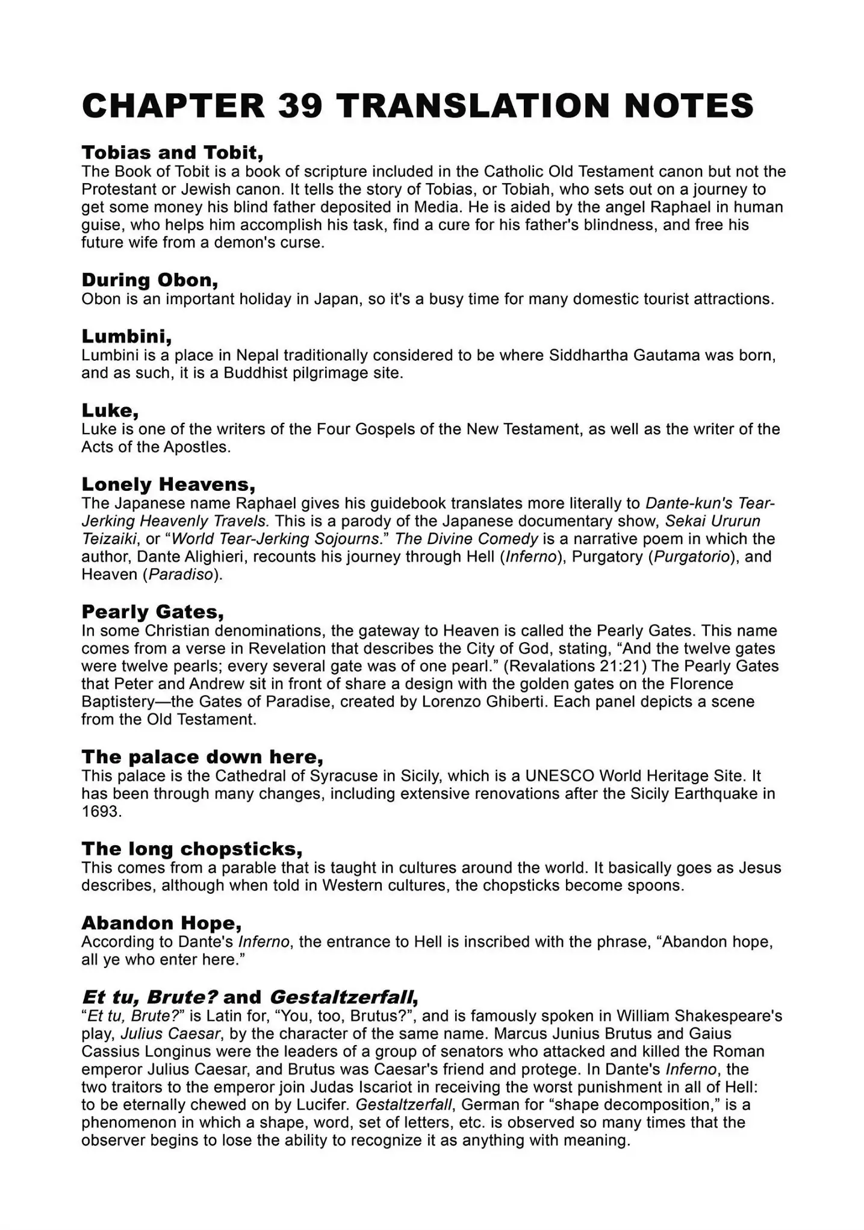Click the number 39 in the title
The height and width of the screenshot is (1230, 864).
tap(300, 106)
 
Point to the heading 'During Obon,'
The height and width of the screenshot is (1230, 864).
tap(150, 280)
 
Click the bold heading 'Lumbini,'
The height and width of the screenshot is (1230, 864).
tap(126, 336)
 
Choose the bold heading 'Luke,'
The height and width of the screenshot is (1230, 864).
tap(110, 410)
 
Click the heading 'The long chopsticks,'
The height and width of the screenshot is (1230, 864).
tap(192, 849)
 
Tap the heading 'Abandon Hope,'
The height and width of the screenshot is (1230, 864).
tap(162, 923)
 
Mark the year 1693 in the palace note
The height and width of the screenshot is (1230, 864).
tap(101, 811)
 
